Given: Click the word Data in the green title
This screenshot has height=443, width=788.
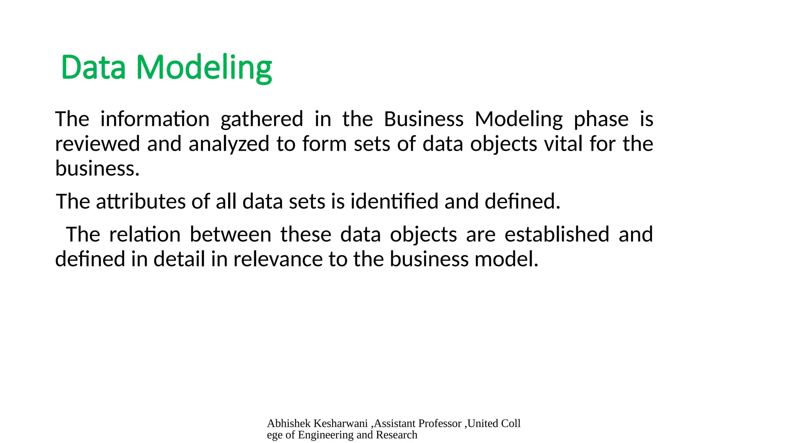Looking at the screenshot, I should [93, 68].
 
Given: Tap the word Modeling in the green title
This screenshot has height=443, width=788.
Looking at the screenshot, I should [204, 68].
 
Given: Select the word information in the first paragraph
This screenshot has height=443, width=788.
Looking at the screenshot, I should [155, 119].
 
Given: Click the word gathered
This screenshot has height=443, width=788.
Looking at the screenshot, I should [262, 119].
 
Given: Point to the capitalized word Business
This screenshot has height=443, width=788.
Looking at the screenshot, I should [424, 119].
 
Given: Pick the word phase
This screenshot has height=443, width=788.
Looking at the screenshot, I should [601, 120].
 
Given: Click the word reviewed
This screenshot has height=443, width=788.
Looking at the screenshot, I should [97, 144].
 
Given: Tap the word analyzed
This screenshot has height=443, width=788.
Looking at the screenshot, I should [229, 144].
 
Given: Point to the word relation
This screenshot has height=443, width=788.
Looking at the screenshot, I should [145, 234].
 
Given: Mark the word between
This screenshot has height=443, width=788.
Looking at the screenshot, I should [230, 234].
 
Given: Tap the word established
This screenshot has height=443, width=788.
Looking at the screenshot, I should [557, 234].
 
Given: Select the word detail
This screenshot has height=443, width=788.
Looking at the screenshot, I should [179, 259].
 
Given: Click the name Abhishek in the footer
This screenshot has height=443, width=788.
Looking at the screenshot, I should [289, 423].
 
